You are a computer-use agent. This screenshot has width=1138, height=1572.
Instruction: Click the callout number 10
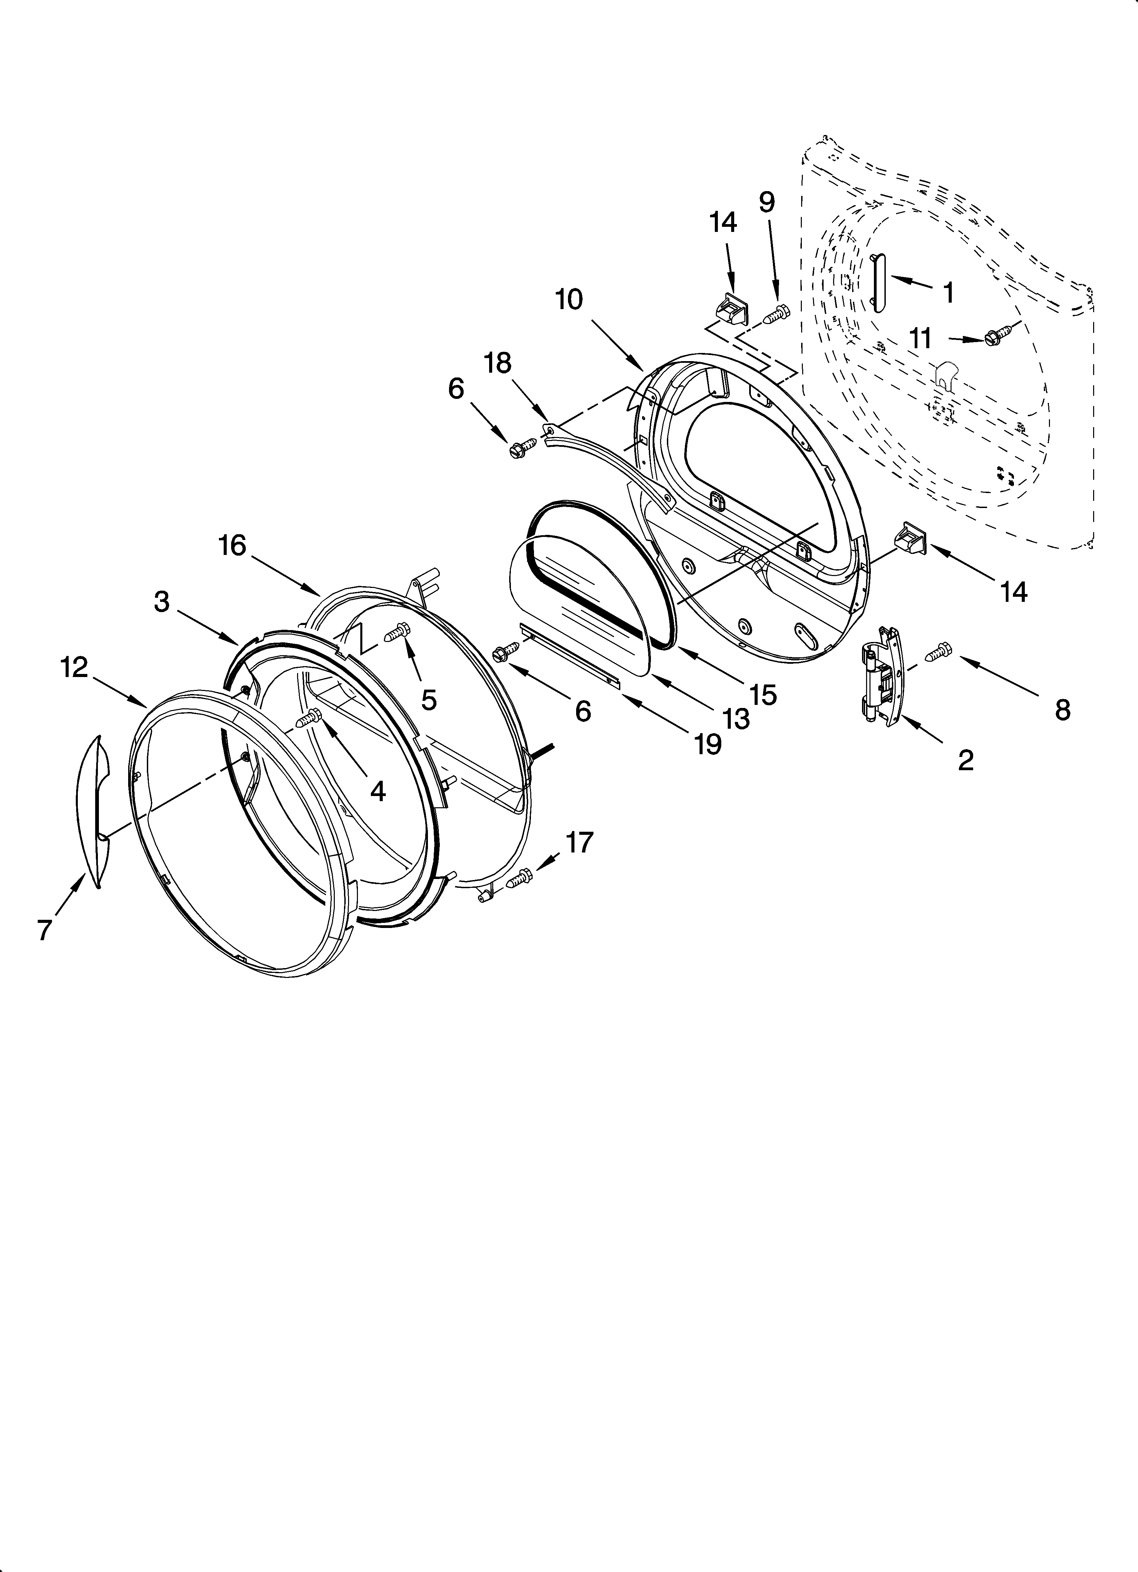point(569,300)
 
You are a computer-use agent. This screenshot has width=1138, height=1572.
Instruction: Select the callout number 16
point(233,545)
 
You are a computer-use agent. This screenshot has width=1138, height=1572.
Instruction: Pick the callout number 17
point(580,842)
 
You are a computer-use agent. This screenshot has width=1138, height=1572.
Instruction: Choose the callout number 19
point(708,743)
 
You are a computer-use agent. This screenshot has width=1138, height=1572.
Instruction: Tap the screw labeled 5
point(398,631)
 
